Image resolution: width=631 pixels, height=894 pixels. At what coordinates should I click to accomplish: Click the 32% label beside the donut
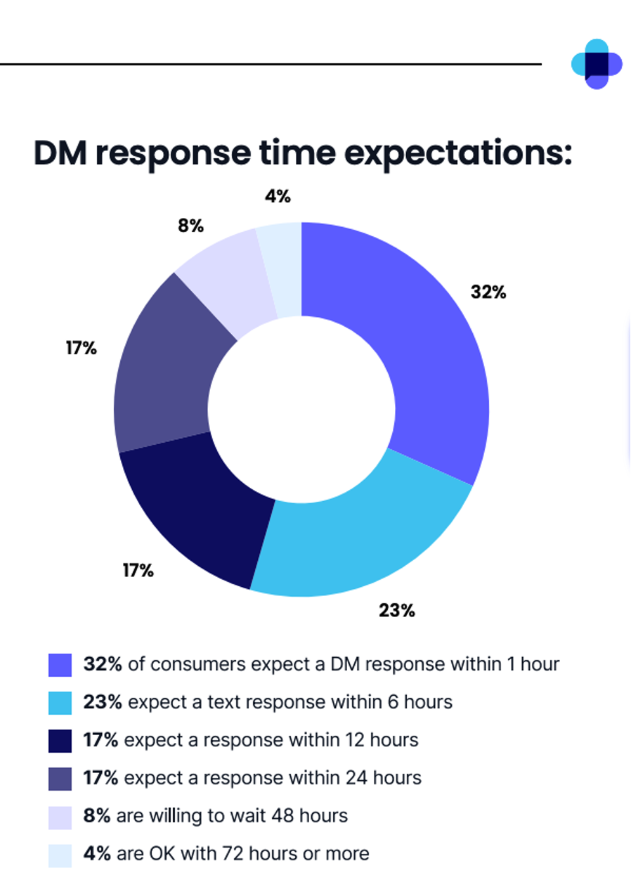pyautogui.click(x=488, y=292)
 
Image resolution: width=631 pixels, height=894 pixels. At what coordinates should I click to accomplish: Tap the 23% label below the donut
pyautogui.click(x=397, y=610)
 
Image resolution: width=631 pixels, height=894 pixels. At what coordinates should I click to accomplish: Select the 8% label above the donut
pyautogui.click(x=190, y=226)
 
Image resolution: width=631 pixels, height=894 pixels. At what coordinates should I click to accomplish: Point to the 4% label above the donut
pyautogui.click(x=278, y=197)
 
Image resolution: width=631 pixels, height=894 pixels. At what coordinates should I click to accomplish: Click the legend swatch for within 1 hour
pyautogui.click(x=60, y=665)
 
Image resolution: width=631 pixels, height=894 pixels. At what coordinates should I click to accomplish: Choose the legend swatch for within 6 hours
pyautogui.click(x=60, y=703)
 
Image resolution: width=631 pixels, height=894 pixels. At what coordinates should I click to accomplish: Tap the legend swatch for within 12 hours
pyautogui.click(x=60, y=741)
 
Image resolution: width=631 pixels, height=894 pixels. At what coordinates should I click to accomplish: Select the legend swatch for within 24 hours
pyautogui.click(x=60, y=779)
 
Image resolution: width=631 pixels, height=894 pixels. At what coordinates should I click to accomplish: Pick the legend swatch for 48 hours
pyautogui.click(x=60, y=817)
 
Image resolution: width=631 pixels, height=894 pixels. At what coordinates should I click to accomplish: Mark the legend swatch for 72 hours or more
pyautogui.click(x=60, y=855)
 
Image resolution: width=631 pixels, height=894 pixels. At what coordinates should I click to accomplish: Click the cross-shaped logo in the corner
pyautogui.click(x=597, y=64)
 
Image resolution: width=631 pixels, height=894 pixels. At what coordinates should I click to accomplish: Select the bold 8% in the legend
pyautogui.click(x=97, y=816)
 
